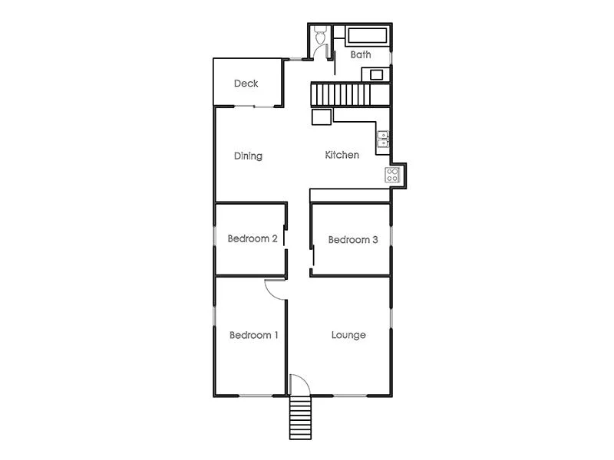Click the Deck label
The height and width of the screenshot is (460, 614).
[x=246, y=84]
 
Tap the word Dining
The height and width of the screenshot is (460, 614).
[x=248, y=156]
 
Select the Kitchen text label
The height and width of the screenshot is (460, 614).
[x=342, y=155]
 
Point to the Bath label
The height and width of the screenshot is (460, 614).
[x=361, y=55]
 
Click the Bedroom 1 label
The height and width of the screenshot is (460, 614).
[x=254, y=335]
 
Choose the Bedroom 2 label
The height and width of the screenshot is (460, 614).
[x=253, y=238]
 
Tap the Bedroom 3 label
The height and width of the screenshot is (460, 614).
[x=353, y=240]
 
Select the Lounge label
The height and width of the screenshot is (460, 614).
[x=348, y=335]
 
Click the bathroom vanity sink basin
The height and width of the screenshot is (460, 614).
[x=377, y=74]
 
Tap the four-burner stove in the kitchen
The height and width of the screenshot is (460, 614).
[x=392, y=175]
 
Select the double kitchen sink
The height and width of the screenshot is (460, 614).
[x=383, y=139]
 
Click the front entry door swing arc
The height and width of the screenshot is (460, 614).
[x=299, y=383]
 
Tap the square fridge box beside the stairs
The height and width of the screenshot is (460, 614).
[x=321, y=117]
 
